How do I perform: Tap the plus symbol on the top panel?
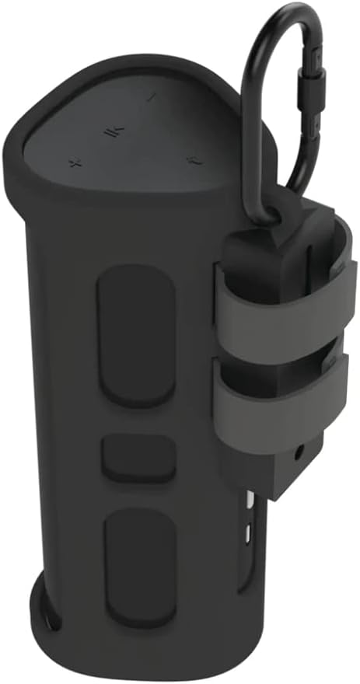[75, 162]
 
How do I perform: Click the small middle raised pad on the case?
[138, 457]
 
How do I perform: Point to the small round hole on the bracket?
[299, 450]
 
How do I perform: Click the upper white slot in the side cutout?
[248, 501]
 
